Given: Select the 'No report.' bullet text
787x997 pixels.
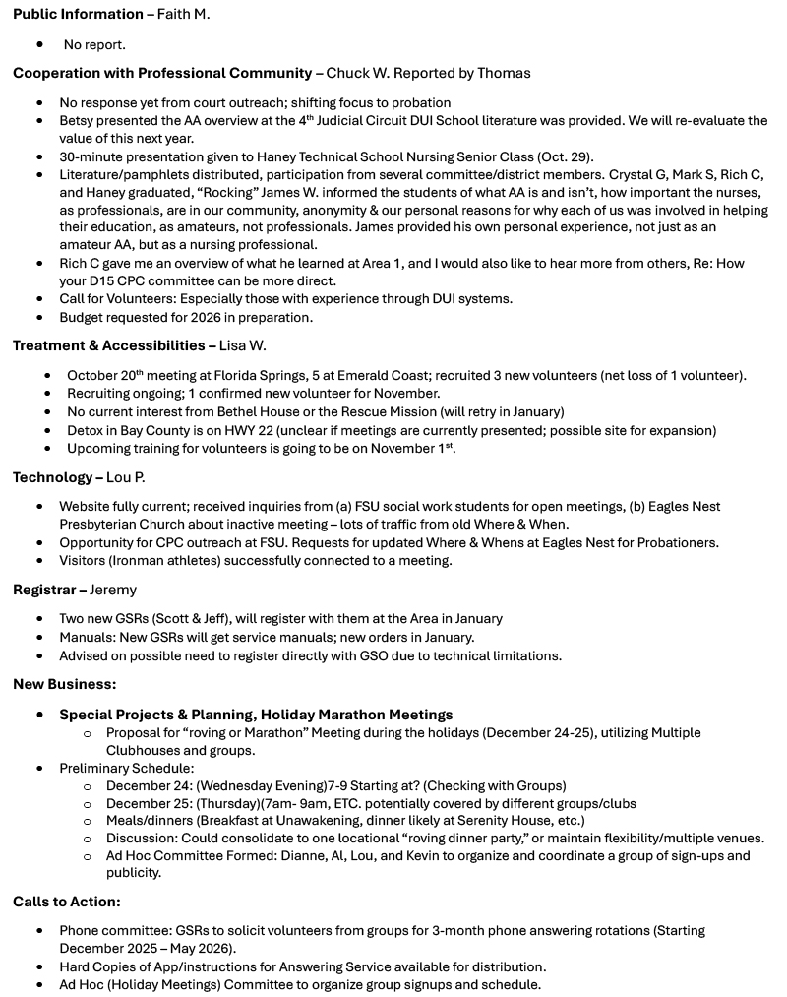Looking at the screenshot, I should tap(94, 44).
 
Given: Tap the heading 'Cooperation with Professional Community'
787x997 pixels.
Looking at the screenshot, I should tap(162, 73).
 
